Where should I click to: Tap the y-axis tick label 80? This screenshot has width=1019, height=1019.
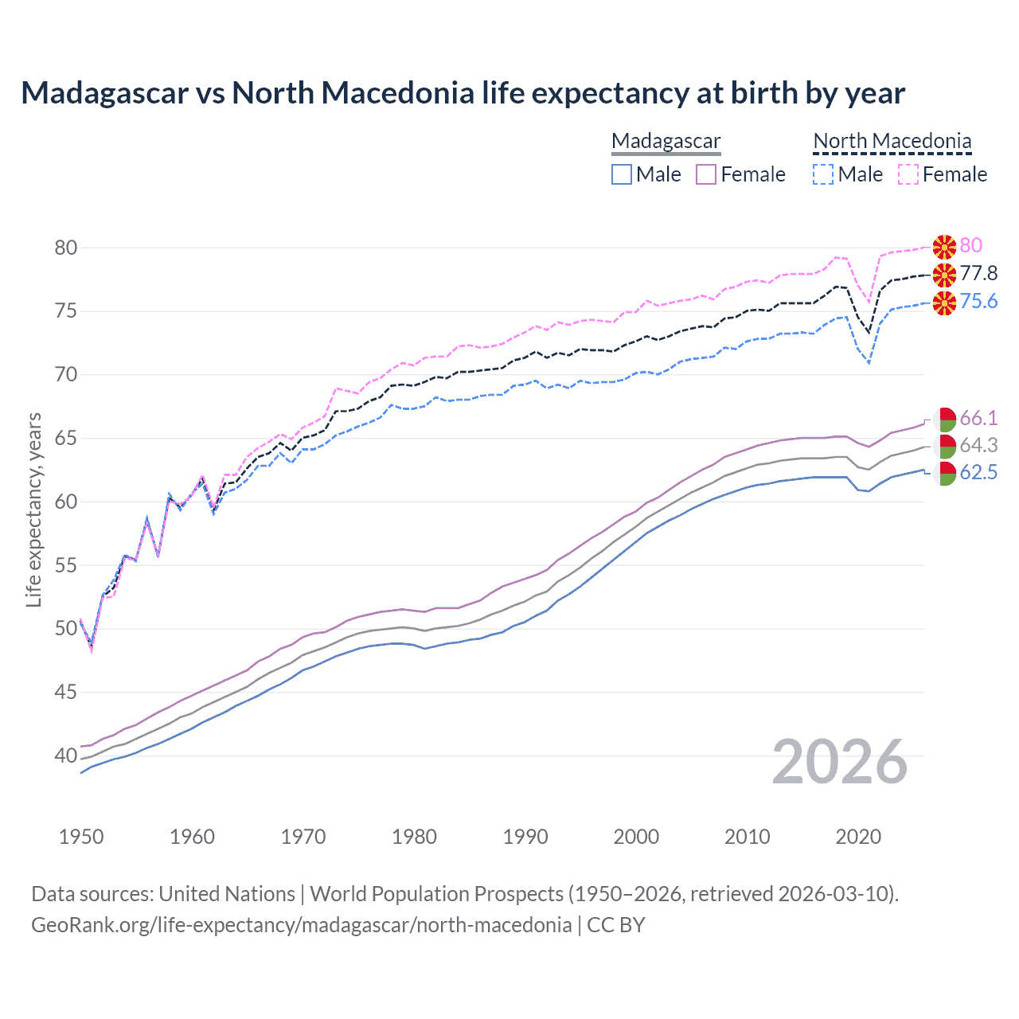[66, 248]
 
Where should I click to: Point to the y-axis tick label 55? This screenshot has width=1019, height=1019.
[66, 565]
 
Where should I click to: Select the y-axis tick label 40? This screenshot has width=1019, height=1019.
[66, 755]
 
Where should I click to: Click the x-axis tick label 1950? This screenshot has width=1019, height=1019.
[81, 837]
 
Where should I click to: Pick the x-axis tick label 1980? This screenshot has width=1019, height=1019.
[414, 837]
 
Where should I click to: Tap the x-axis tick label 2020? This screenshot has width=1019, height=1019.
[858, 837]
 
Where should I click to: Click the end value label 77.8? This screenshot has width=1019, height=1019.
[978, 274]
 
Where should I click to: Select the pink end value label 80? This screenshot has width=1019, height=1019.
[970, 246]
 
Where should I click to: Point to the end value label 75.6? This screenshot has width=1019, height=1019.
[978, 301]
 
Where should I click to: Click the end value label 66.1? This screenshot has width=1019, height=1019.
[978, 418]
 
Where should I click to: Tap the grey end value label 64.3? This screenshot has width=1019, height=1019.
[978, 445]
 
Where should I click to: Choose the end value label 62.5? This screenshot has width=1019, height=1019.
[978, 473]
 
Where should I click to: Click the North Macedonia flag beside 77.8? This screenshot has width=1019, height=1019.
[944, 275]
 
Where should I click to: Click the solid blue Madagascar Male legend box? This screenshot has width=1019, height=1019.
[622, 174]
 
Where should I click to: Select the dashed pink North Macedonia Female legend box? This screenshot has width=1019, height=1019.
[908, 174]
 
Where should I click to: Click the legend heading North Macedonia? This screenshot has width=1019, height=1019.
[892, 141]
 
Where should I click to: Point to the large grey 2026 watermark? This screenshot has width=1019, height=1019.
[840, 762]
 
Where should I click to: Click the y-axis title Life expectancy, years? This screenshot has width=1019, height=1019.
[33, 509]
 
